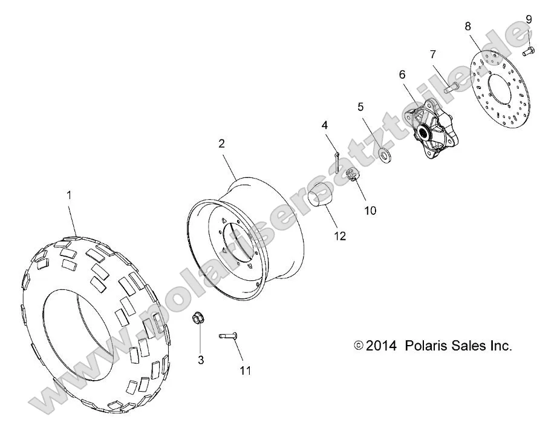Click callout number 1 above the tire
pos(69,195)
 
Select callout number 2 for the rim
pos(204,143)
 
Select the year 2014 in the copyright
pos(381,346)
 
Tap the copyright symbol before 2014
pos(359,346)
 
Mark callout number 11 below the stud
pos(244,370)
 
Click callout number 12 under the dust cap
pos(340,236)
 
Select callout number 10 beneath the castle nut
pos(370,210)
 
